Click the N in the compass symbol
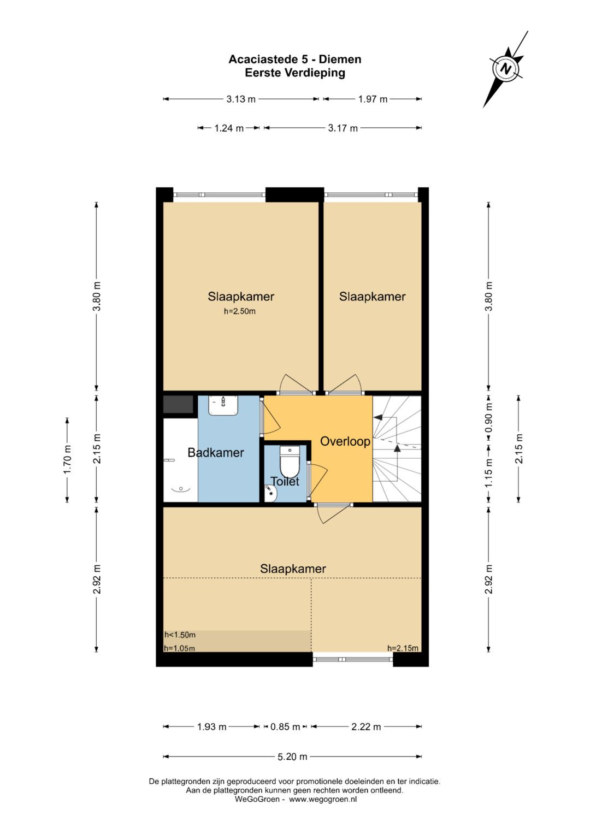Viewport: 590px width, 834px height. point(505,69)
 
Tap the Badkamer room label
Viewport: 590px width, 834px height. point(216,452)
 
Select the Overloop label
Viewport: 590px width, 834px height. point(345,441)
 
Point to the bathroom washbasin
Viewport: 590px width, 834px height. point(223,405)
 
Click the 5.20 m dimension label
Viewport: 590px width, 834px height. point(292,756)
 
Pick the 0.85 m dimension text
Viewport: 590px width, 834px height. point(285,727)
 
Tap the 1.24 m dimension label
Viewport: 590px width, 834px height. point(229,128)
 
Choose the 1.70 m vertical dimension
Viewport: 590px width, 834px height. point(67,460)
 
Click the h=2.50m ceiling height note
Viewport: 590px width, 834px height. point(239,311)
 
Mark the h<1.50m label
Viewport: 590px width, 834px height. point(180,635)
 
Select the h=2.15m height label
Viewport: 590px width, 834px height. point(403,648)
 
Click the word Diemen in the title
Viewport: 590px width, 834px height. point(340,60)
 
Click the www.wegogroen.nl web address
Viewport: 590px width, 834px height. point(323,800)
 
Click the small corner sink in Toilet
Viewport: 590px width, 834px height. point(270,493)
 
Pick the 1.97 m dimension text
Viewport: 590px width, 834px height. point(373,99)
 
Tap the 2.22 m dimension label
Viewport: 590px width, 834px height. point(366,727)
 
